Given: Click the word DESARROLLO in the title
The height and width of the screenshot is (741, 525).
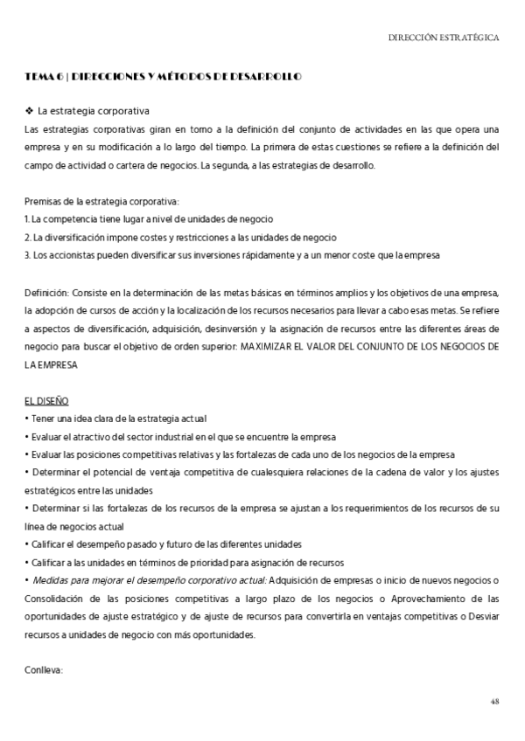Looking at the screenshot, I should click(269, 78).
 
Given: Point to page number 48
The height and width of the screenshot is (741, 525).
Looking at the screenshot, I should click(494, 701).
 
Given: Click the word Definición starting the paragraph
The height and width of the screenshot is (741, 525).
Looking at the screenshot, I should click(45, 292).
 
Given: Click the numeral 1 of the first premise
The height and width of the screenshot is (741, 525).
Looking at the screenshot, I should click(26, 218).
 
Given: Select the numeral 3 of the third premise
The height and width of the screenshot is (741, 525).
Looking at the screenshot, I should click(27, 254).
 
